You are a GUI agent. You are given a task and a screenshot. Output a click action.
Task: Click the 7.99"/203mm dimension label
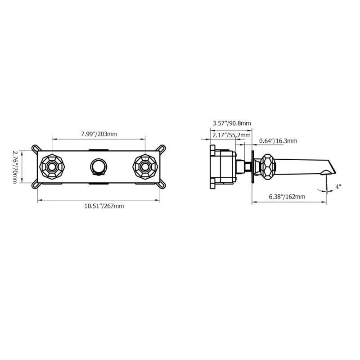click(x=99, y=134)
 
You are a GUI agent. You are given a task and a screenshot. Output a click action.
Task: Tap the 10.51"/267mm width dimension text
click(x=104, y=206)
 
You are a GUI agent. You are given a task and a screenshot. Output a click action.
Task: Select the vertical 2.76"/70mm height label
click(x=15, y=167)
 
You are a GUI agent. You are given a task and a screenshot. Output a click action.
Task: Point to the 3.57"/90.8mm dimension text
click(x=232, y=123)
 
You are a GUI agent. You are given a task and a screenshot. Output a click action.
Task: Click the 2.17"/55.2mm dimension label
click(x=231, y=135)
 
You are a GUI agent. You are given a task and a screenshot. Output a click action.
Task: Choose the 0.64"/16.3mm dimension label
click(x=278, y=141)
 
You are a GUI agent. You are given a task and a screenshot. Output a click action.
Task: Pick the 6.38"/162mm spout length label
click(x=287, y=197)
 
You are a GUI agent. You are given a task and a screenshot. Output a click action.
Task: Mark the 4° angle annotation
click(x=338, y=187)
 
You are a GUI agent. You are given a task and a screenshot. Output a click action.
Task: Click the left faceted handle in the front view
click(x=52, y=167)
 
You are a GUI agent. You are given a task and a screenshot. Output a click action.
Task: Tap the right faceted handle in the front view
click(x=145, y=167)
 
